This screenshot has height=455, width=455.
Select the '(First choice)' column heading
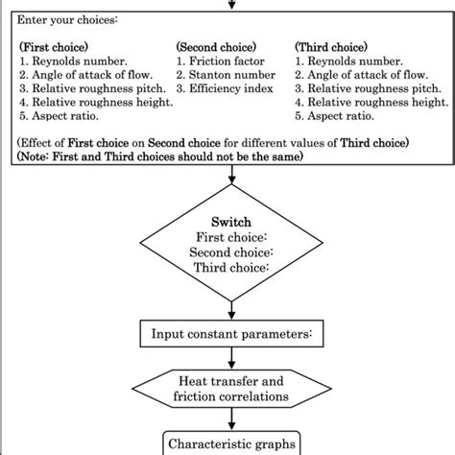click(56, 45)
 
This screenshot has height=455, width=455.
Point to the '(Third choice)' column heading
click(332, 45)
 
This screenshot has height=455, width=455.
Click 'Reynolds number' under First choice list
click(71, 60)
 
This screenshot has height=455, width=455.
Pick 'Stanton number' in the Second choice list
click(227, 74)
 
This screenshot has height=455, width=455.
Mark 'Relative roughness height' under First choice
click(90, 103)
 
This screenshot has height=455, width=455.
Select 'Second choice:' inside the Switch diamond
click(230, 252)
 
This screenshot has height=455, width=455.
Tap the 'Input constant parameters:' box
click(231, 334)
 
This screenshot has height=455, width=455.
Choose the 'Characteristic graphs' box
click(231, 443)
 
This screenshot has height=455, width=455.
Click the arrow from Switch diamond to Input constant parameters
click(231, 306)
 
